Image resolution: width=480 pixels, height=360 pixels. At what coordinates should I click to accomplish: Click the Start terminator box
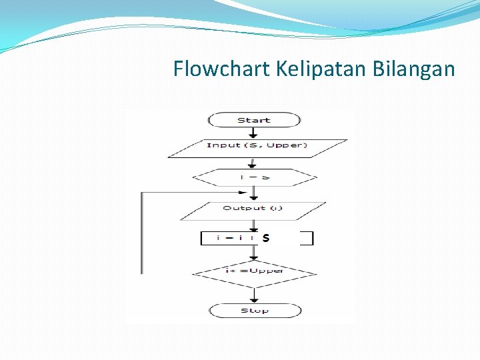tap(254, 120)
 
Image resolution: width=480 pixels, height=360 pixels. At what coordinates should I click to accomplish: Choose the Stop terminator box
tap(255, 311)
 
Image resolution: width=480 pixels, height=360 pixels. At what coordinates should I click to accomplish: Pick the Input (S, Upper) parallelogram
tap(257, 148)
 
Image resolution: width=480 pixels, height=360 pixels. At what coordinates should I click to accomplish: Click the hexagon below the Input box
tap(254, 177)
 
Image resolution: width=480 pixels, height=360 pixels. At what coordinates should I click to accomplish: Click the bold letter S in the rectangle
tap(265, 237)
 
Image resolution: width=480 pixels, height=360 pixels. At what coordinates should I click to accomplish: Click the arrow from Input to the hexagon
tap(254, 163)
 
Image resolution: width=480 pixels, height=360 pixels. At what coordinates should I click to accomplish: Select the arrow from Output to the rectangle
tap(254, 225)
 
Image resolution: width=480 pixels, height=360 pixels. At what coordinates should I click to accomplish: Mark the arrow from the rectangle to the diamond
tap(254, 253)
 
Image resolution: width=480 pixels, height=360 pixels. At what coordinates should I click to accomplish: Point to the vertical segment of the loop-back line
tap(141, 233)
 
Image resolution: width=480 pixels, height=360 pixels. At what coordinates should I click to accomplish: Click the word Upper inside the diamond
tap(268, 270)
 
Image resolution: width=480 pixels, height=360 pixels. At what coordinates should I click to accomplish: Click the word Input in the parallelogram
tap(223, 145)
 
